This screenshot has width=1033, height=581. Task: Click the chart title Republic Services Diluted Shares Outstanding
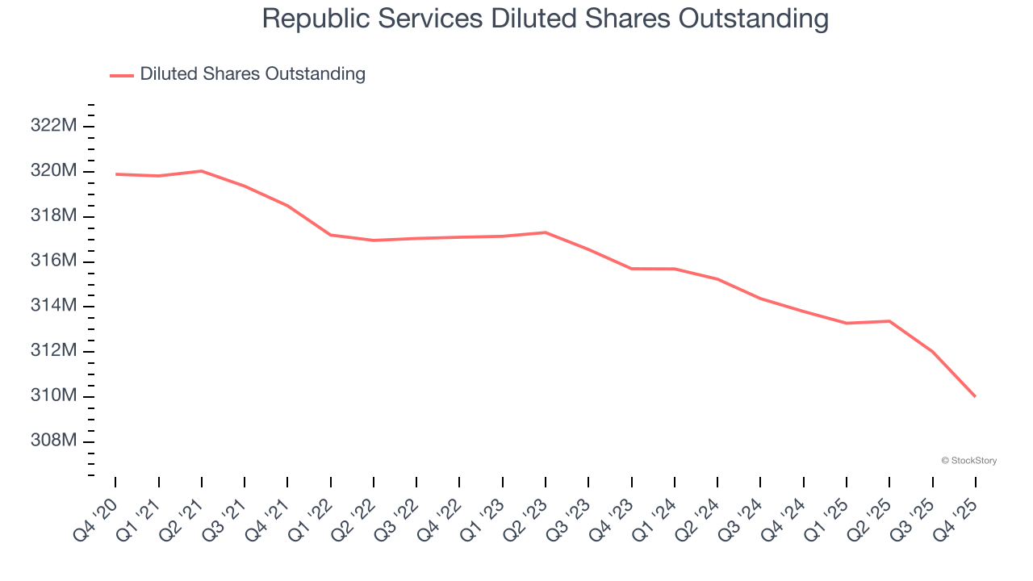[x=545, y=19]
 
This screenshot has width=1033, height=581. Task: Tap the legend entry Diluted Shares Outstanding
[x=252, y=74]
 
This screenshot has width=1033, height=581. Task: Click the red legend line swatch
[x=122, y=75]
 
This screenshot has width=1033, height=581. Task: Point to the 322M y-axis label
[x=53, y=126]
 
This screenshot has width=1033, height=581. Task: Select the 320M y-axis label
[x=53, y=171]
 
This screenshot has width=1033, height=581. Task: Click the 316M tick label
[x=53, y=261]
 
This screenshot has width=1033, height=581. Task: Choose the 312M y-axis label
[x=53, y=351]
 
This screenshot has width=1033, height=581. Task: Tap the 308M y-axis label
[x=53, y=441]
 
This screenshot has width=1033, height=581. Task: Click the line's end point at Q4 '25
[x=975, y=396]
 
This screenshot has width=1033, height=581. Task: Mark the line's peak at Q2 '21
[x=202, y=171]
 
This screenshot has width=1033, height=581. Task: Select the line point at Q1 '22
[x=331, y=235]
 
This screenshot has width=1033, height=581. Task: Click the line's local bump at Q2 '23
[x=546, y=232]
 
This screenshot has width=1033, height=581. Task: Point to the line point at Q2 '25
[x=889, y=321]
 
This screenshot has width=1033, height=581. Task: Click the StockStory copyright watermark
[x=968, y=461]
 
